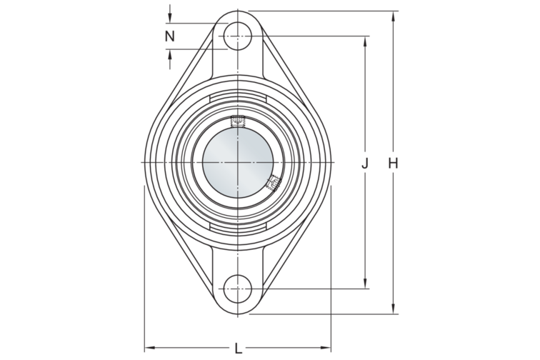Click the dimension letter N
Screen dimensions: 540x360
169,36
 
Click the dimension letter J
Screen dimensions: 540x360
365,163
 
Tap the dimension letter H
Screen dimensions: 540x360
393,163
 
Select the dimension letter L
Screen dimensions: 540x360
238,349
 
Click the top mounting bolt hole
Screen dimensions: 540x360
238,36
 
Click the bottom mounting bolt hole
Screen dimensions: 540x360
238,289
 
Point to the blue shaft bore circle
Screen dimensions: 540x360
238,162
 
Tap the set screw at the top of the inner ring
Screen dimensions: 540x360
237,120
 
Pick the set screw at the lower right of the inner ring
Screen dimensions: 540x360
274,183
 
